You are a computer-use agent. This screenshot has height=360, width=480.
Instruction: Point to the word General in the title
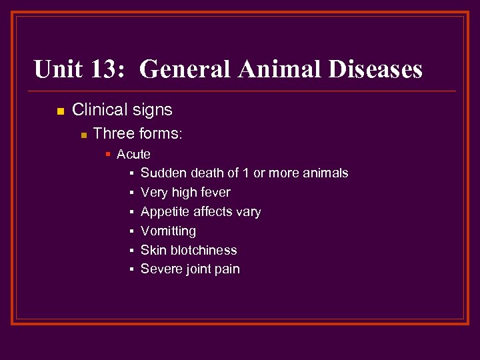coord(185,69)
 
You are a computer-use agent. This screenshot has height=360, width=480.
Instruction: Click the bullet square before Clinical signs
coord(59,111)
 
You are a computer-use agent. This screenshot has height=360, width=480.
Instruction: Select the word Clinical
coord(99,110)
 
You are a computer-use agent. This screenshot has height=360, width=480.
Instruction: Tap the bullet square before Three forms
coord(83,135)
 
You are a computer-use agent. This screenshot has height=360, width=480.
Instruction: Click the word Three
coord(113,134)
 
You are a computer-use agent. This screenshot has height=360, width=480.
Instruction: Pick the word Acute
coord(133,155)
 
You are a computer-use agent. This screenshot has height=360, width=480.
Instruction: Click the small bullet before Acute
coord(108,155)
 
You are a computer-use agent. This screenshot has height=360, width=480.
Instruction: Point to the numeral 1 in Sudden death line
coord(246,173)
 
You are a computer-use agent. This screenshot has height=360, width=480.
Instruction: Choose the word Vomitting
coord(168,231)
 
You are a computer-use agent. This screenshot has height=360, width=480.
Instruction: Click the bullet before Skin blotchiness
coord(132,251)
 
